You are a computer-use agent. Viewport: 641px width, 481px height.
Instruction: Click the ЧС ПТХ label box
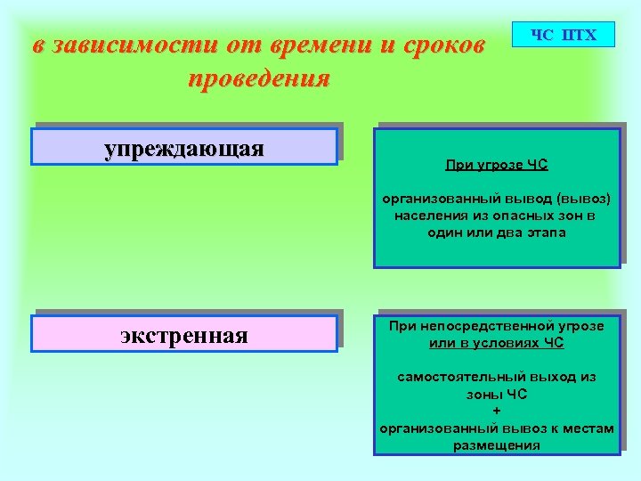pyautogui.click(x=562, y=35)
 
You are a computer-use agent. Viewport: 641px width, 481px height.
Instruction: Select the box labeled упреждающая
pyautogui.click(x=184, y=147)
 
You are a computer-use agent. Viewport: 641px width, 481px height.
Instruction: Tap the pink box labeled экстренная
pyautogui.click(x=184, y=336)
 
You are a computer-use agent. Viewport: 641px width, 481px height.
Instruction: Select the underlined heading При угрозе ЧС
pyautogui.click(x=497, y=165)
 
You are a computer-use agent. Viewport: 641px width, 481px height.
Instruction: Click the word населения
pyautogui.click(x=426, y=216)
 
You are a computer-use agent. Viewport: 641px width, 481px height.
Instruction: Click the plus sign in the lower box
pyautogui.click(x=497, y=411)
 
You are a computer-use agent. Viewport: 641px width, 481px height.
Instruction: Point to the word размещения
pyautogui.click(x=497, y=444)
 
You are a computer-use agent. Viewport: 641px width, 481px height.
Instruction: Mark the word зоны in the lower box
pyautogui.click(x=483, y=394)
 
